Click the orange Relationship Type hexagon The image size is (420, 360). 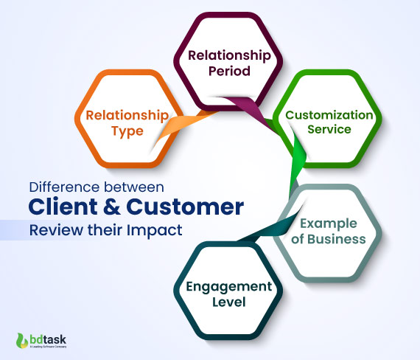coord(125,122)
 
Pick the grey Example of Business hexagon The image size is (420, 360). coord(328,232)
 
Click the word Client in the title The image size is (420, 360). coord(64,207)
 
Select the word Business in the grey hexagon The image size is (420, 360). coord(337,239)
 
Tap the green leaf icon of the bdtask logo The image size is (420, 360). coord(20,340)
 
